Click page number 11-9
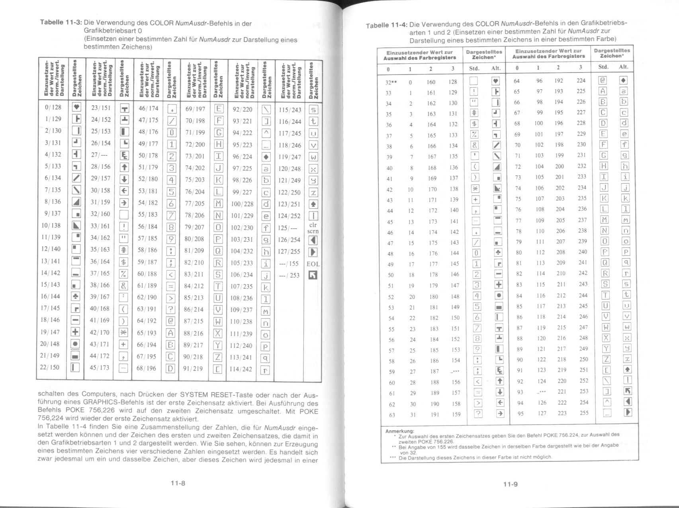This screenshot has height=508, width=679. [x=510, y=484]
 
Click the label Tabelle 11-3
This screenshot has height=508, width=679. [x=61, y=23]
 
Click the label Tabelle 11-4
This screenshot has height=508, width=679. [x=387, y=25]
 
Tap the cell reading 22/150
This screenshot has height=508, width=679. [x=50, y=367]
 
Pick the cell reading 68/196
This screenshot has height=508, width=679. [x=147, y=368]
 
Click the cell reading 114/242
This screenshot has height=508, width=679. [x=241, y=369]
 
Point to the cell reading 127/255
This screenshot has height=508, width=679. [x=289, y=251]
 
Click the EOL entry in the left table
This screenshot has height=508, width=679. [x=313, y=264]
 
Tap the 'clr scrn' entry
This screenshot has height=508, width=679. [x=313, y=228]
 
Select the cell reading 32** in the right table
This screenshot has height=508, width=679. [x=390, y=82]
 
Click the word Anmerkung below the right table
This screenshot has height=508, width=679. [x=399, y=431]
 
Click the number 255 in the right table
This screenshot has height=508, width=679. [x=584, y=413]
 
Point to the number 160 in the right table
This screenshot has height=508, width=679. [x=431, y=82]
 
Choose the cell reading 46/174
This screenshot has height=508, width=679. [x=148, y=108]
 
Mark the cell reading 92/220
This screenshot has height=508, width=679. [x=243, y=109]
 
